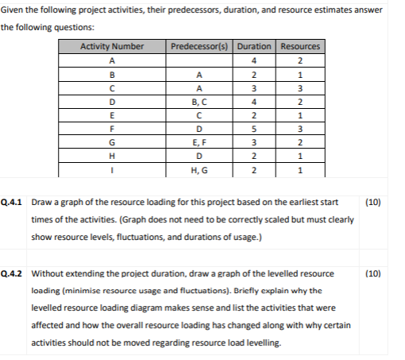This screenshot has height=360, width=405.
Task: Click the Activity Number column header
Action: (112, 47)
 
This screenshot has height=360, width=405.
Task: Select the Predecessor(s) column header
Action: (201, 47)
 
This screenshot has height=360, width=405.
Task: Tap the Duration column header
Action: (255, 47)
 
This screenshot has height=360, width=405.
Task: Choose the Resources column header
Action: (300, 47)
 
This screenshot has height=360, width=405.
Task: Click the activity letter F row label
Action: (112, 128)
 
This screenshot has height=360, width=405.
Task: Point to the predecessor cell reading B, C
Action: (201, 101)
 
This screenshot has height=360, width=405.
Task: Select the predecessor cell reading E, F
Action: (201, 141)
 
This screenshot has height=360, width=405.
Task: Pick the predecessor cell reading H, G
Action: (201, 168)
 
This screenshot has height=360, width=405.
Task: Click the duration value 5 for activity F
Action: (255, 128)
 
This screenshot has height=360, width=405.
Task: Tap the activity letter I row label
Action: (112, 168)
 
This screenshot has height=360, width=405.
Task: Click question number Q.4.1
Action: (14, 202)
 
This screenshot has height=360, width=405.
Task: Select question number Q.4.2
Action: (14, 273)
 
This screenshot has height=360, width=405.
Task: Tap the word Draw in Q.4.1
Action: (42, 202)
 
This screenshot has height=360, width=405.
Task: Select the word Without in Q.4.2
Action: (48, 273)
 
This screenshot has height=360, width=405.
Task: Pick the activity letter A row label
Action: (112, 60)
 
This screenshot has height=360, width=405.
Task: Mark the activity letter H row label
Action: (112, 155)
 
